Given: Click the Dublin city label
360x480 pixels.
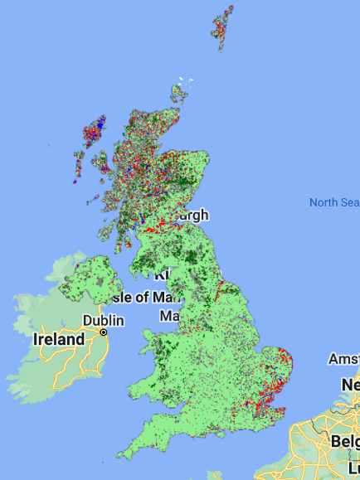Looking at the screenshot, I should point(104,320).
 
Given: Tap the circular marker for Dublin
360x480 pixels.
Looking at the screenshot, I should point(104,332).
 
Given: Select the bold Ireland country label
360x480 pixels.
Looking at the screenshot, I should point(59,339).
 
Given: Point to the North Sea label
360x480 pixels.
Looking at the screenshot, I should point(333,202).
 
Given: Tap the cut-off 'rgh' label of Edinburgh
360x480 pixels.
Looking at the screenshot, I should point(196,216).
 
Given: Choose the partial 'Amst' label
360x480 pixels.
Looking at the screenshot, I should point(343,358).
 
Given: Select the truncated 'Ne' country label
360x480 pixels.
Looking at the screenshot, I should point(350,385).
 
